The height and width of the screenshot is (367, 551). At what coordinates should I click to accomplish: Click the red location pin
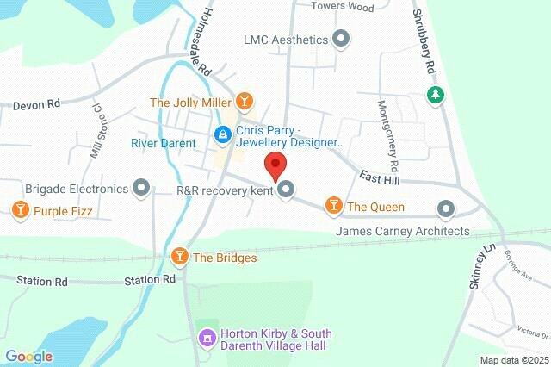point(275,164)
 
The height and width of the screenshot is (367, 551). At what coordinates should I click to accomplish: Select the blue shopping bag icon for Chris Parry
point(222,134)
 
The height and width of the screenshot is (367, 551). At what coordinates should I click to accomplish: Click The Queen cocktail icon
point(332,206)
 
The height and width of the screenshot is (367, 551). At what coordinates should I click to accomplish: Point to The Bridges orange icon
point(180,257)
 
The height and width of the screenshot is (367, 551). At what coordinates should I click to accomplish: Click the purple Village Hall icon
point(207,339)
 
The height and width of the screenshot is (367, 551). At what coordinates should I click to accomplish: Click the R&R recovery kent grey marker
point(287,190)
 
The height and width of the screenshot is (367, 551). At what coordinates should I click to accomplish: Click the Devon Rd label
point(36,104)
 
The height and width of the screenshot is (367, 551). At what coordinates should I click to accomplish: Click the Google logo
point(28,357)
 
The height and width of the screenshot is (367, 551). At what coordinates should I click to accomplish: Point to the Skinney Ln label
point(481,268)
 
